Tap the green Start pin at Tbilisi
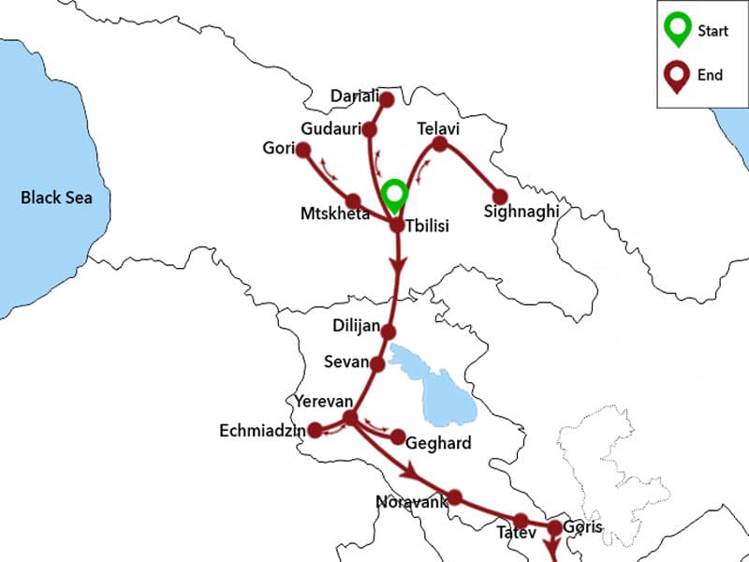tap(395, 194)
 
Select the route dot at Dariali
tap(383, 96)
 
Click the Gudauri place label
tap(329, 128)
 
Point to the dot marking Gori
tap(302, 149)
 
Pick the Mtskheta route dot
tap(353, 201)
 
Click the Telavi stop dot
tap(439, 143)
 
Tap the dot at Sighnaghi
tap(500, 197)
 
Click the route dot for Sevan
tap(377, 363)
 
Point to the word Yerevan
tap(323, 401)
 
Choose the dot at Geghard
tap(398, 437)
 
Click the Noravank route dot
tap(455, 496)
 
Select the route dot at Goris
tap(553, 528)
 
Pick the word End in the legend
tap(710, 75)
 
